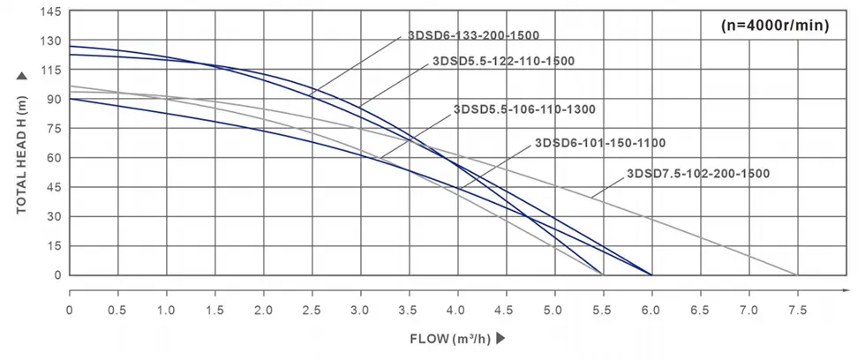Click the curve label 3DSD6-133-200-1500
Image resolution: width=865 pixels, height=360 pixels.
(x=472, y=36)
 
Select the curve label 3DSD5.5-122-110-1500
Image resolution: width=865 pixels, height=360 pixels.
(x=503, y=62)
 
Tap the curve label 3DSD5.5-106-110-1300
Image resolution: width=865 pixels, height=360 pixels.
(x=524, y=110)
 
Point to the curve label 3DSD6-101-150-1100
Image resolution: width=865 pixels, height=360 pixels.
(x=599, y=143)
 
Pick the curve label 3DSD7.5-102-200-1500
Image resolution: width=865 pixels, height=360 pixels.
(x=699, y=174)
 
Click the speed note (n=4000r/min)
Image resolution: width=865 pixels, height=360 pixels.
(x=774, y=26)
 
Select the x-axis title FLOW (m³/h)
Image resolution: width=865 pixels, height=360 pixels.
(x=450, y=338)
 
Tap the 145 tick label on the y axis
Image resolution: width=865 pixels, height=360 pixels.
(x=49, y=12)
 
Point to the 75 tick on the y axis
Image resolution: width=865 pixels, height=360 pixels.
(x=53, y=129)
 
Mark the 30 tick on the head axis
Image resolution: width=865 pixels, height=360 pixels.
(x=53, y=216)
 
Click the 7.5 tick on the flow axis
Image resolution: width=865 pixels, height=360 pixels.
(x=797, y=311)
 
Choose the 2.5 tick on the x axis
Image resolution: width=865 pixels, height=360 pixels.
(x=312, y=311)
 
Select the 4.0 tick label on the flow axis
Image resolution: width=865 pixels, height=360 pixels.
(x=457, y=311)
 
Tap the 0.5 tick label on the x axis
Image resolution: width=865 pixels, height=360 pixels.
(x=117, y=311)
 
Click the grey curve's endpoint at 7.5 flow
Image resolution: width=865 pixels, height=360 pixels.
(x=797, y=274)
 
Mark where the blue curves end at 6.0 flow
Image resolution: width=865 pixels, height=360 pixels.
(x=651, y=274)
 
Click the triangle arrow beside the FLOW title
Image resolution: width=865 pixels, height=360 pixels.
(x=500, y=338)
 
